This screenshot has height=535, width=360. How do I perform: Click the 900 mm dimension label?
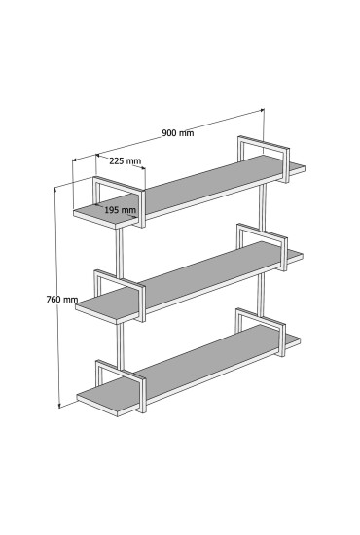tap(177, 132)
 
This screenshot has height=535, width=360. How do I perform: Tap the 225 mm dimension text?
tap(126, 160)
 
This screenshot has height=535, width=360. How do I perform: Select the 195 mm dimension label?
tap(120, 210)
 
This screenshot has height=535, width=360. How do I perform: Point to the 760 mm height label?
tap(62, 300)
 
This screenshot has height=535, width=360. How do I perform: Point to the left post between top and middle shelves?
tap(119, 254)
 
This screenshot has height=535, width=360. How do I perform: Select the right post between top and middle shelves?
tap(262, 207)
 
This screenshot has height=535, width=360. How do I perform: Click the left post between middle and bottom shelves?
tap(120, 346)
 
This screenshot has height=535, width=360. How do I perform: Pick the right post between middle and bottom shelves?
tap(261, 294)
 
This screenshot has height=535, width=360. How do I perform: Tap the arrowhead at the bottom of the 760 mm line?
tap(59, 406)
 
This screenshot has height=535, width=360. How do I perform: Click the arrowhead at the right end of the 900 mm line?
tap(262, 110)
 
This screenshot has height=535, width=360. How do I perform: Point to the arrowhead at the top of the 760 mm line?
tap(55, 189)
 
